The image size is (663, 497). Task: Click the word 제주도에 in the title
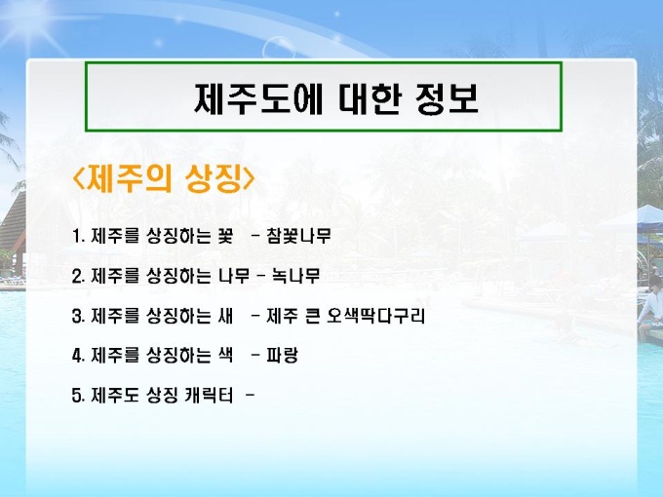(258, 98)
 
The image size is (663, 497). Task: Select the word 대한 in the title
(369, 98)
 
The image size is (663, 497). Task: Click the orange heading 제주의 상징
(164, 178)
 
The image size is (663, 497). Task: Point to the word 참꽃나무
(298, 236)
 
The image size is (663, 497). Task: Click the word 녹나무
(295, 276)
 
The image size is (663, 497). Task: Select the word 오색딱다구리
(375, 316)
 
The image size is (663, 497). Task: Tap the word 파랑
(282, 355)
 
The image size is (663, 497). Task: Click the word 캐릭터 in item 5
(209, 395)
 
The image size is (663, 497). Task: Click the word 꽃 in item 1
(225, 236)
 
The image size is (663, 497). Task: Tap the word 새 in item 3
(225, 316)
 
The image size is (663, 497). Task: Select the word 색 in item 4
(225, 355)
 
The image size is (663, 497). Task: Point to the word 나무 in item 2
(233, 276)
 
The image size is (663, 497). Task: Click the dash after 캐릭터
(250, 395)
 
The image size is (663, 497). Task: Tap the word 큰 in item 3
(312, 316)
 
